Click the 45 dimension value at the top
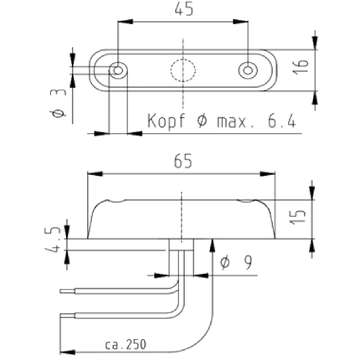[183, 10]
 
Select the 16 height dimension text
[301, 66]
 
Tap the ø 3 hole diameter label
[59, 103]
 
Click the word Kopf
[166, 121]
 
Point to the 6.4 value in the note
[282, 121]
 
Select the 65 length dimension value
[183, 162]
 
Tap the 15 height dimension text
[298, 217]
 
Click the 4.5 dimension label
[53, 239]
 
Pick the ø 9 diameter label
[236, 263]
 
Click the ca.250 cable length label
[126, 345]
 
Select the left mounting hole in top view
[118, 70]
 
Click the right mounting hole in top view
[247, 69]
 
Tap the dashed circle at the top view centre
[183, 69]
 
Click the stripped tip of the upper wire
[67, 291]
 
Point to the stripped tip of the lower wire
[67, 316]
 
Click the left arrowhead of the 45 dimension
[125, 22]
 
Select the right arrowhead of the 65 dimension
[268, 174]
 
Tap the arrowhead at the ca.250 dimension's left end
[68, 352]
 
